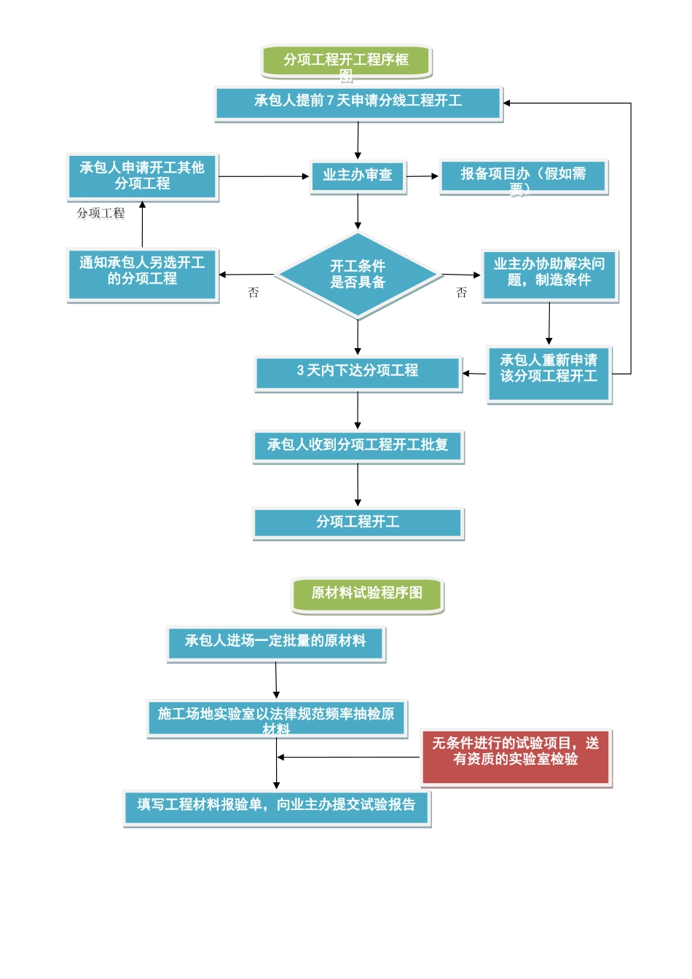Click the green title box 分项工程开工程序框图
coord(347,61)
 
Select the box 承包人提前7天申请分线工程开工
coord(358,103)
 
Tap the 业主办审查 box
coord(358,176)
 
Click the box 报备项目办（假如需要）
coord(523,177)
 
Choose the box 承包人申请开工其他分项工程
coord(143,176)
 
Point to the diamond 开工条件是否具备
coord(358,275)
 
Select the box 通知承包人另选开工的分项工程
coord(143,274)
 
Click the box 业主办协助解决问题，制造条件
coord(549,275)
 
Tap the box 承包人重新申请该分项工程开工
coord(549,374)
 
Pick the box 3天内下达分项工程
coord(358,373)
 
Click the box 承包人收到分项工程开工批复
coord(358,446)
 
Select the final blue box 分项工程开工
coord(358,523)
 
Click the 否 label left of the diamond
coord(253,293)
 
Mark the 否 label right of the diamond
coord(461,293)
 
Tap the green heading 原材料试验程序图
coord(367,595)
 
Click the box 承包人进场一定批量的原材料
coord(275,643)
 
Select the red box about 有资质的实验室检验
coord(516,757)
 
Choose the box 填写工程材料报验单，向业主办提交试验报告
coord(277,807)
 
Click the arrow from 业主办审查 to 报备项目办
coord(422,176)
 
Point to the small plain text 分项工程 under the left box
coord(101,213)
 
